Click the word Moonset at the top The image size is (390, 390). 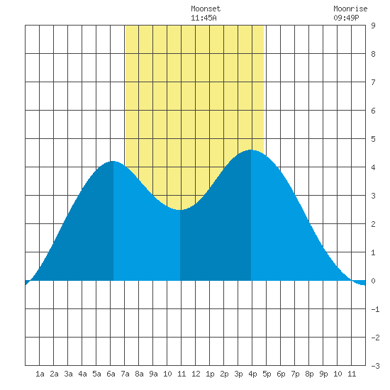point(206,9)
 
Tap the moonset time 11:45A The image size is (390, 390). point(204,18)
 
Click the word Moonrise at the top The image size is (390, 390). point(350,9)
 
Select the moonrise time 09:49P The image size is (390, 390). point(346,18)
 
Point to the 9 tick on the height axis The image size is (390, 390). point(373,26)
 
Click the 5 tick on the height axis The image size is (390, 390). point(373,139)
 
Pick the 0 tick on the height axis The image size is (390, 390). point(373,281)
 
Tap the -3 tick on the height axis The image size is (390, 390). point(375,366)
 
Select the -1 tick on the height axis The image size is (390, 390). point(375,309)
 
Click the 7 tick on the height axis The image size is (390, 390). point(373,82)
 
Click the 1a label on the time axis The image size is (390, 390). point(40,374)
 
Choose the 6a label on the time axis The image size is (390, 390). point(111,374)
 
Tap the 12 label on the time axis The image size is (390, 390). point(196,374)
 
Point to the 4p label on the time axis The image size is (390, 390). point(252,374)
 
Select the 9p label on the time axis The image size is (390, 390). point(323,374)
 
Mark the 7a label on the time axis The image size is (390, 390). point(125,374)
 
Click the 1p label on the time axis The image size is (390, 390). point(210,374)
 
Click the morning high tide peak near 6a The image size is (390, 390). point(113,162)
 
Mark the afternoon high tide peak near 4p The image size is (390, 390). point(251,150)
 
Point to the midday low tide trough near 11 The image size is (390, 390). point(180,210)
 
